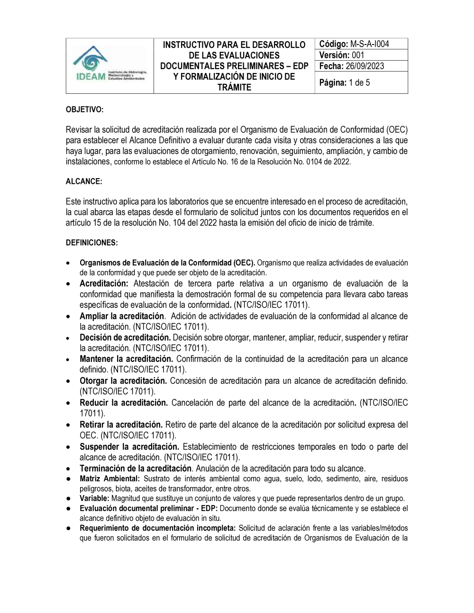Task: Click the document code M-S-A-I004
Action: coord(370,44)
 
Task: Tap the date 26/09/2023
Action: coord(365,66)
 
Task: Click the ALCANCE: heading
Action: coord(84,181)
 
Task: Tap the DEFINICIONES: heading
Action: coord(92,243)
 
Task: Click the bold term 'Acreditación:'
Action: coord(104,284)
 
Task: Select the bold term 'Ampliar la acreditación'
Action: coord(122,316)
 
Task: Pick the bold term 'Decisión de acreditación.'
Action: coord(125,338)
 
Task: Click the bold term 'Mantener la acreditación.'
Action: coord(127,359)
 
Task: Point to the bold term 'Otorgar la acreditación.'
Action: coord(123,381)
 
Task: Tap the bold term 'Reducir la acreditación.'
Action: coord(124,403)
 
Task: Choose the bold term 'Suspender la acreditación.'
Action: coord(129,447)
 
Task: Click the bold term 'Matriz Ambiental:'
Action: coord(109,479)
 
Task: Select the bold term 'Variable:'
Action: coord(94,498)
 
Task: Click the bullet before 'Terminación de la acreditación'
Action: coord(70,469)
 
